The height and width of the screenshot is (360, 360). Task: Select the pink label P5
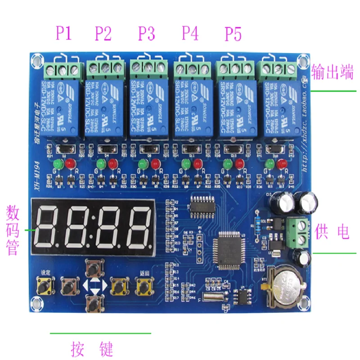click(x=233, y=33)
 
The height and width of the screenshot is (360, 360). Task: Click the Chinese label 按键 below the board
click(x=91, y=348)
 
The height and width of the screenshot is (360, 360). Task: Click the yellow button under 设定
click(x=45, y=285)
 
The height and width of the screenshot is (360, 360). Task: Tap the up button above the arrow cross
click(x=94, y=269)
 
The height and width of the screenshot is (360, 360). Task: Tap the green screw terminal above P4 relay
click(x=193, y=69)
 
